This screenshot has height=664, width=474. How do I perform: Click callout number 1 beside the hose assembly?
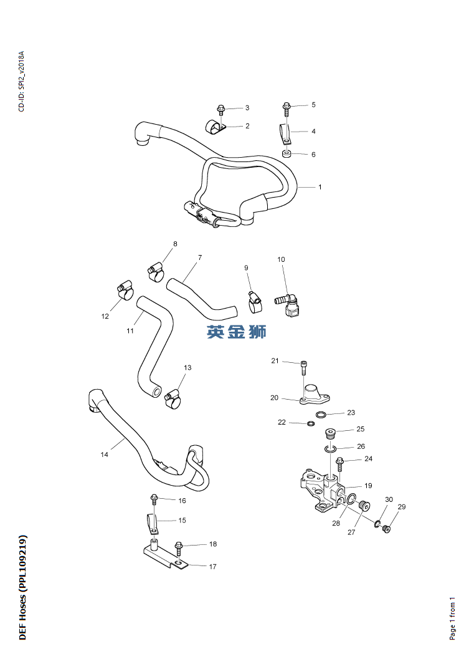(x=320, y=187)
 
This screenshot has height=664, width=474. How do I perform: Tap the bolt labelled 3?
(x=220, y=111)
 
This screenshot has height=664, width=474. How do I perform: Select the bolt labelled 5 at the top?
(x=286, y=108)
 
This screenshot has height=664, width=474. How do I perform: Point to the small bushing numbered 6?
(x=286, y=154)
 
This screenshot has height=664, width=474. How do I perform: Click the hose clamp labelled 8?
(x=155, y=269)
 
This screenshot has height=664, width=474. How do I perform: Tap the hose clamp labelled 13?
(x=173, y=398)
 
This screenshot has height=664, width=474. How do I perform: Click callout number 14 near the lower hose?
(x=105, y=455)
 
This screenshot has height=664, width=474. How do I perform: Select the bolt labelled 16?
(x=154, y=499)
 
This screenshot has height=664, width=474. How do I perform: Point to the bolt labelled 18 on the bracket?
(x=179, y=548)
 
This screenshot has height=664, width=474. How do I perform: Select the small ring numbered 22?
(x=310, y=424)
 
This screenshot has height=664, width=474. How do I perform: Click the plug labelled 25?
(x=331, y=432)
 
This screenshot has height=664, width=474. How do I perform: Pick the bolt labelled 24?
(x=339, y=463)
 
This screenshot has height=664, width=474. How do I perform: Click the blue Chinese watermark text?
(x=237, y=332)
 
